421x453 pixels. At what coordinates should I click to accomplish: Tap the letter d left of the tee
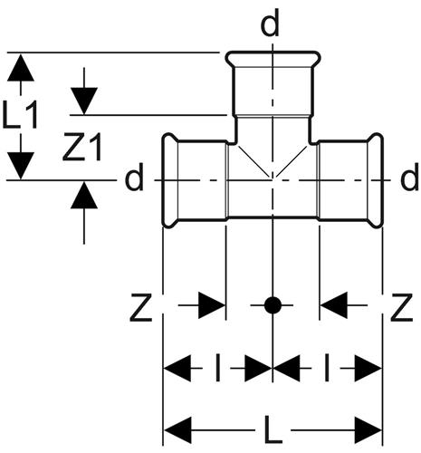(x=134, y=179)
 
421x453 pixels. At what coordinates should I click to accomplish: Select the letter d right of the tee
(x=409, y=179)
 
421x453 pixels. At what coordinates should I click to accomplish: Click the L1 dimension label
(x=20, y=115)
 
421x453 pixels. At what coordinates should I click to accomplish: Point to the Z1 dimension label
(x=82, y=148)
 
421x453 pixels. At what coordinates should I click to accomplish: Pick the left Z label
(x=140, y=307)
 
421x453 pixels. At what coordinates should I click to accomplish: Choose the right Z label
(x=401, y=307)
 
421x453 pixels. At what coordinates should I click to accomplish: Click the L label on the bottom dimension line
(x=273, y=429)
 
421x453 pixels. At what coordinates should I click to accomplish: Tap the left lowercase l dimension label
(x=218, y=368)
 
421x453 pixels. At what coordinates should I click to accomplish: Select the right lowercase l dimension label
(x=327, y=368)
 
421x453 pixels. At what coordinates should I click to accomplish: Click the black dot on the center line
(x=273, y=305)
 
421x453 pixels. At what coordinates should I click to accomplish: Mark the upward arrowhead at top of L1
(x=21, y=67)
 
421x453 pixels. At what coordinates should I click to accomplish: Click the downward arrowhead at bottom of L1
(x=21, y=166)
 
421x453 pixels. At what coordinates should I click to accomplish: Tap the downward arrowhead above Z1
(x=84, y=101)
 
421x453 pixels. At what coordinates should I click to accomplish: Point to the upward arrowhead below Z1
(x=84, y=195)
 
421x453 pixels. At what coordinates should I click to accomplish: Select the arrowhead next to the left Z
(x=212, y=305)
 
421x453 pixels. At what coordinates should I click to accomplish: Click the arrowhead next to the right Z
(x=334, y=305)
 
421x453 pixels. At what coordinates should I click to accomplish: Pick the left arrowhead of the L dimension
(x=177, y=430)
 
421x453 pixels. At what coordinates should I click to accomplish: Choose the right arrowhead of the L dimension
(x=368, y=430)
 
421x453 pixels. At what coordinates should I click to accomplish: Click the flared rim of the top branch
(x=273, y=59)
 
